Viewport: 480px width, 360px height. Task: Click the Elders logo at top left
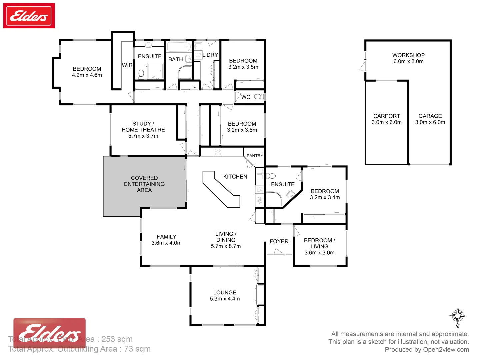point(29,16)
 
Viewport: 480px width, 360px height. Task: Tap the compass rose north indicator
point(457,315)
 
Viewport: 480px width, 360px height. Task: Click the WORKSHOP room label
point(408,55)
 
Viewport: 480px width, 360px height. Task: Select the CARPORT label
point(386,116)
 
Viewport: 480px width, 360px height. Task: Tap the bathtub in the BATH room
point(179,47)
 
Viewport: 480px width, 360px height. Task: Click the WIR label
point(127,65)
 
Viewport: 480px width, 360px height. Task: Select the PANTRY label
point(255,156)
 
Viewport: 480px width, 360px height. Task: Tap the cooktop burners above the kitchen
point(218,152)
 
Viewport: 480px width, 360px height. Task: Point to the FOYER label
point(279,241)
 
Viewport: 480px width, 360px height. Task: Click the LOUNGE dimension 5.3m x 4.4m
point(225,299)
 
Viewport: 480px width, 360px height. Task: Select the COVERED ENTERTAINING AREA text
point(144,184)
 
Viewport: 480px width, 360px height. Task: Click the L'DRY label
point(210,55)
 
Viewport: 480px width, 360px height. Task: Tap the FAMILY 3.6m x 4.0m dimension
point(166,243)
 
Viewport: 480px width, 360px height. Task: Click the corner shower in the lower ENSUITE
point(274,199)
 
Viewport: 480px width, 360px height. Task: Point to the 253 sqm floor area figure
point(117,339)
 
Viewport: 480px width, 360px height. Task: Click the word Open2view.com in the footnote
point(446,349)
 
